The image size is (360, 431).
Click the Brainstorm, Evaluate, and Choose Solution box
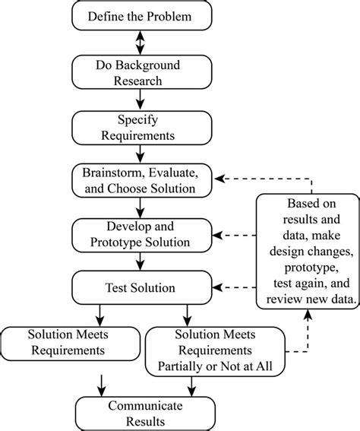tap(140, 180)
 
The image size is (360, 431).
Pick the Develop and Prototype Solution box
tap(140, 234)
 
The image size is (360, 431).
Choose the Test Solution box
tap(140, 288)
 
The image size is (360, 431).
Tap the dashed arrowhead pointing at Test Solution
tap(219, 288)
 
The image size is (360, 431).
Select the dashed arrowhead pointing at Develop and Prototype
tap(219, 234)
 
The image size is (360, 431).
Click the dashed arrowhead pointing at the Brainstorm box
tap(219, 180)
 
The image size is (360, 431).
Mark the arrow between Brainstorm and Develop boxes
tap(140, 207)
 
